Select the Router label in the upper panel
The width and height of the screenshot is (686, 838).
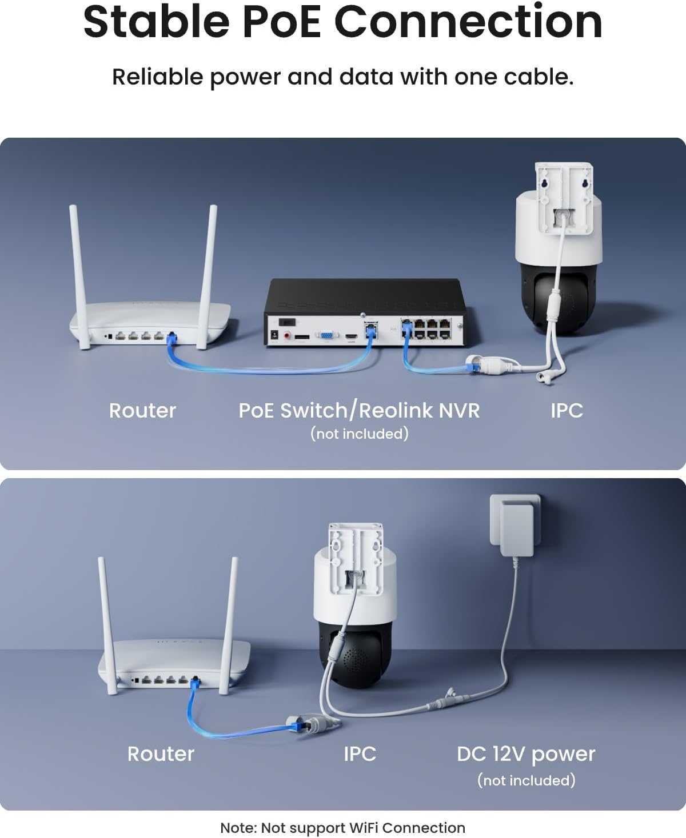pyautogui.click(x=142, y=410)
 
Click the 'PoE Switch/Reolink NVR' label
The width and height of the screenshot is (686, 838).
pyautogui.click(x=359, y=410)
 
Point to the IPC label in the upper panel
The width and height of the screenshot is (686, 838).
pyautogui.click(x=567, y=410)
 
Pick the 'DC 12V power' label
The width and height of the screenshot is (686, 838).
pyautogui.click(x=526, y=754)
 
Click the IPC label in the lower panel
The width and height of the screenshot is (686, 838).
pyautogui.click(x=360, y=754)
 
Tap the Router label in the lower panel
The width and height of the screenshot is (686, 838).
pyautogui.click(x=161, y=754)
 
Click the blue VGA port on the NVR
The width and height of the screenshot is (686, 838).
pyautogui.click(x=326, y=336)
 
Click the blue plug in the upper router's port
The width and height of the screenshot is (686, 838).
pyautogui.click(x=171, y=338)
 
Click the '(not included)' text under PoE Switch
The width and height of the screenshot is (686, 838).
pyautogui.click(x=359, y=434)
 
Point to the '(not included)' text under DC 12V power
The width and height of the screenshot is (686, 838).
pyautogui.click(x=526, y=780)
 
